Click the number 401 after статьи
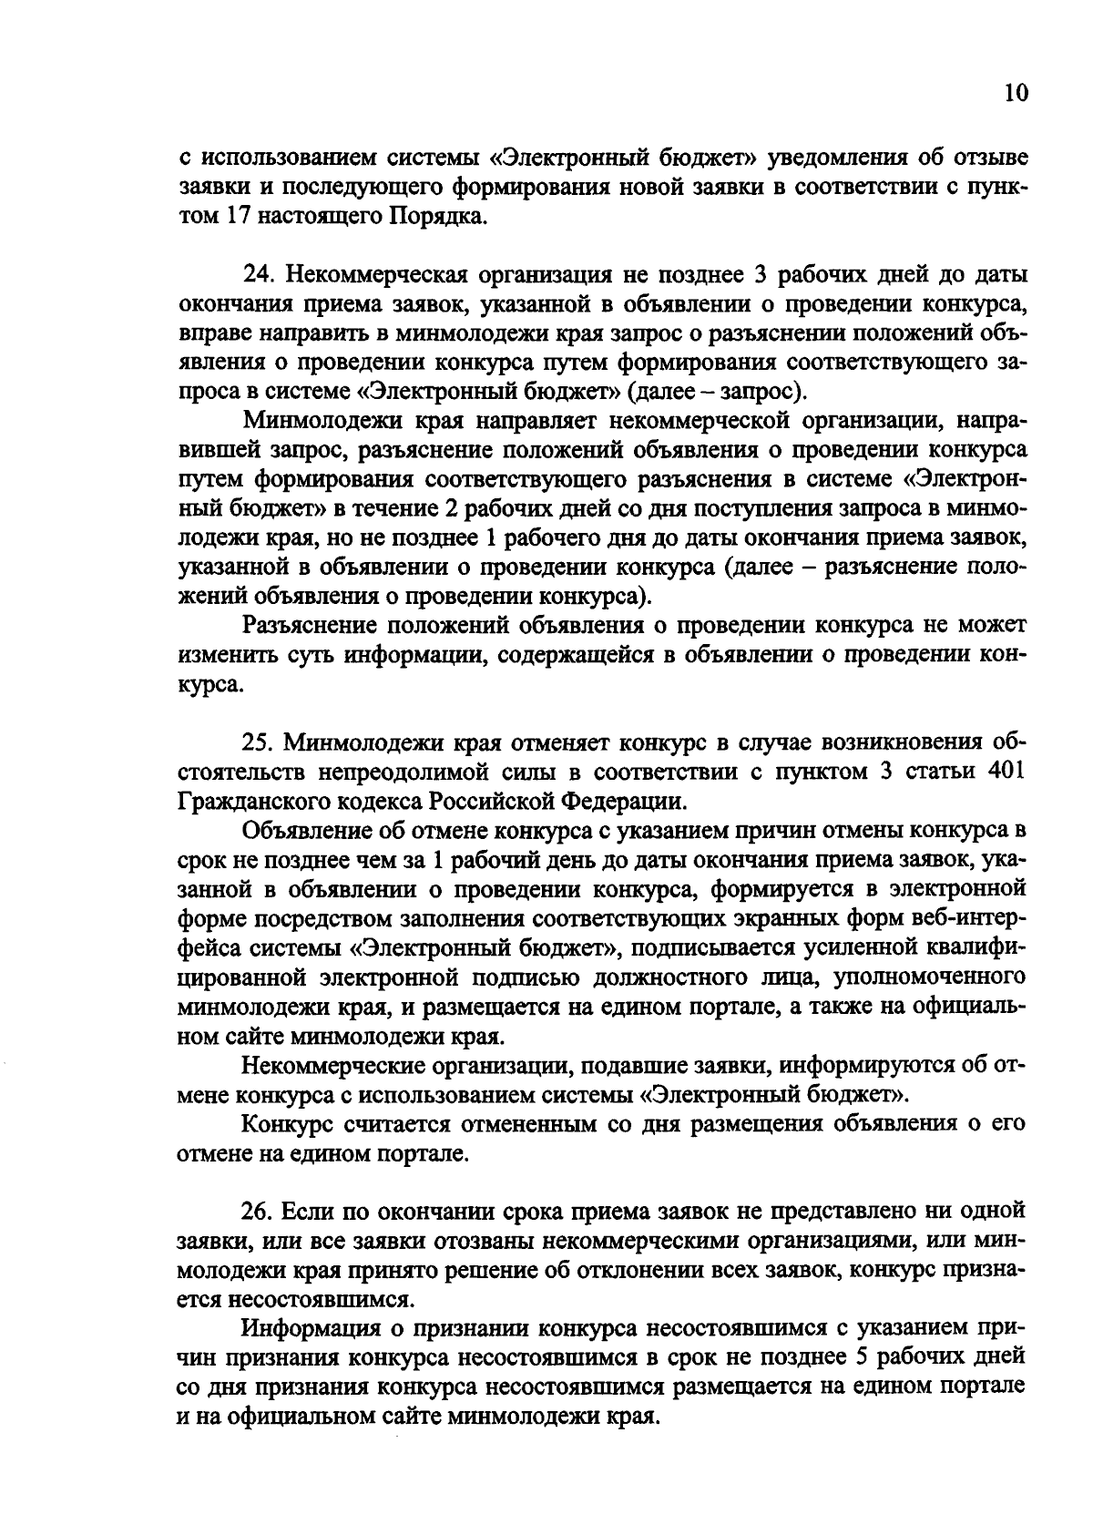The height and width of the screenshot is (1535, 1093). tap(1007, 771)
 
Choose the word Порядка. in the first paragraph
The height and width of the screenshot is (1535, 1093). tap(441, 217)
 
